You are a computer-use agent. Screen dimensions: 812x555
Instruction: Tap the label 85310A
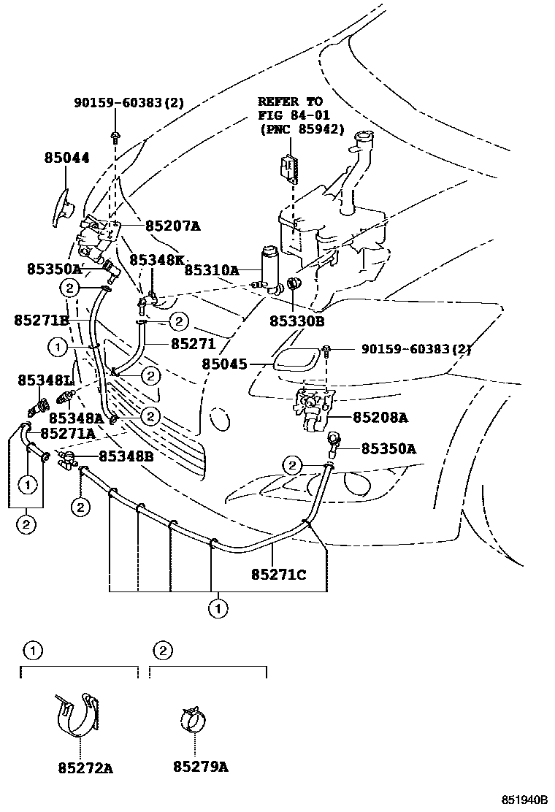click(212, 269)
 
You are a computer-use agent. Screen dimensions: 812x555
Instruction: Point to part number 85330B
click(296, 320)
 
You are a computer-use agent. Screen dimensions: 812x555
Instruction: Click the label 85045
click(224, 363)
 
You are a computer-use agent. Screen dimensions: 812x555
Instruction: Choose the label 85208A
click(380, 418)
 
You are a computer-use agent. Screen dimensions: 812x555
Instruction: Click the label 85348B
click(126, 456)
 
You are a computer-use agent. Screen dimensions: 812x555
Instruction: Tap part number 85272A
click(85, 767)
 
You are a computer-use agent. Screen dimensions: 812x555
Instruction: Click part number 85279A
click(201, 767)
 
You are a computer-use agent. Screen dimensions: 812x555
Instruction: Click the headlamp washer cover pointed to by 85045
click(296, 359)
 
